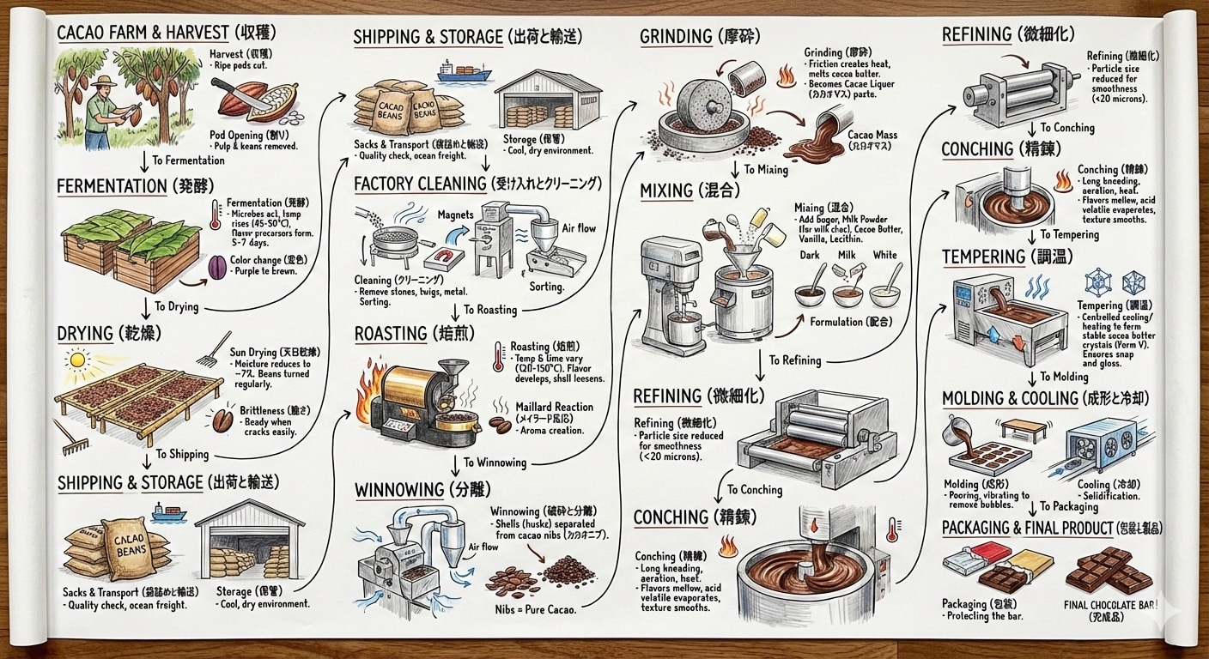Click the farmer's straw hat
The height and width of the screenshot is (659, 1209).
point(105,82)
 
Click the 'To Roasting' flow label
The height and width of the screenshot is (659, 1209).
point(489,310)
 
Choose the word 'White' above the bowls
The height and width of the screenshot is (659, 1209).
point(884,255)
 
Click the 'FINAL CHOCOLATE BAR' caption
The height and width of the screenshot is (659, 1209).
point(1111,606)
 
